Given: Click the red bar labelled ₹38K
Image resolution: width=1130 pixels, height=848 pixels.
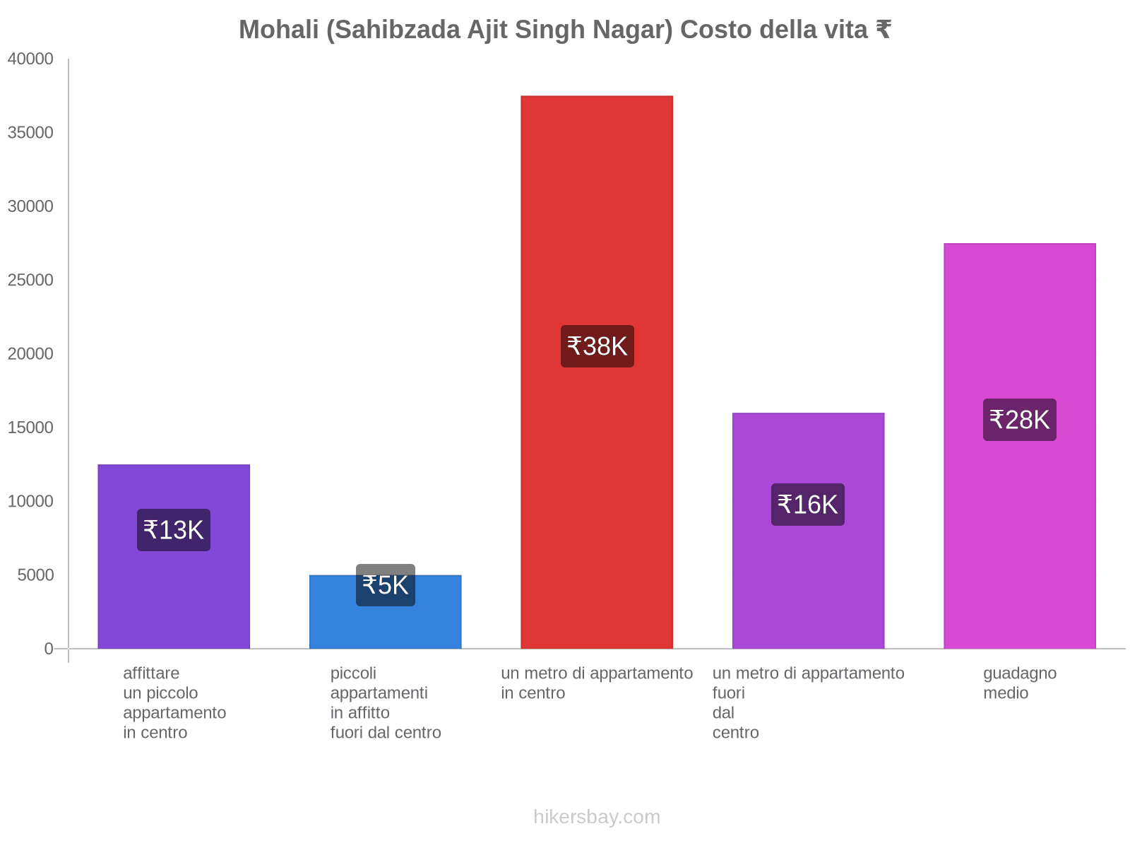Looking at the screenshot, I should pos(597,212).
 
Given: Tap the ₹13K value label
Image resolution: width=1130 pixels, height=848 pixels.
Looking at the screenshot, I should pos(173,530).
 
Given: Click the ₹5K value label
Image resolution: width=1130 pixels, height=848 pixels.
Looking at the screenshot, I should pos(385,585).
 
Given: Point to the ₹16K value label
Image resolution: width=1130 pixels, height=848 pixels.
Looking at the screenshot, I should pos(807,505).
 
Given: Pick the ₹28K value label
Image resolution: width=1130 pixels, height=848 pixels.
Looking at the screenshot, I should pos(1019,420).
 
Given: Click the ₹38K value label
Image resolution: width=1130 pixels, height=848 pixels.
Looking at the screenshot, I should pos(597,346).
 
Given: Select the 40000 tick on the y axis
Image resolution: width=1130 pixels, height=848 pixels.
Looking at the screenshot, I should pos(30,59).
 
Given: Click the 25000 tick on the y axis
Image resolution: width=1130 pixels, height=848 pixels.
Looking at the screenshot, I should pos(30,281).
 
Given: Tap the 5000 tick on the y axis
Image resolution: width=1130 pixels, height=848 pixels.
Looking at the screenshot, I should pos(35,575).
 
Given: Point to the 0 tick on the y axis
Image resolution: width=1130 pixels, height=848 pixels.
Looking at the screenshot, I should pos(49,649).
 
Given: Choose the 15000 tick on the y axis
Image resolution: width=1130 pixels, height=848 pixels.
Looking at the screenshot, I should pos(30,428).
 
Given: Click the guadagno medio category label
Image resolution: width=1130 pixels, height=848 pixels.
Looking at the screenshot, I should pos(1019,683).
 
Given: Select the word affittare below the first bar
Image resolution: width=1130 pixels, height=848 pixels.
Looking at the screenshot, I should pos(151,673).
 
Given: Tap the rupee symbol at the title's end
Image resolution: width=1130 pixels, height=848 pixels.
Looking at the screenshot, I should pos(883,30).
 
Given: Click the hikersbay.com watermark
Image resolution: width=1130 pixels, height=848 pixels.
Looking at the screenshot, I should pos(597,817).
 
